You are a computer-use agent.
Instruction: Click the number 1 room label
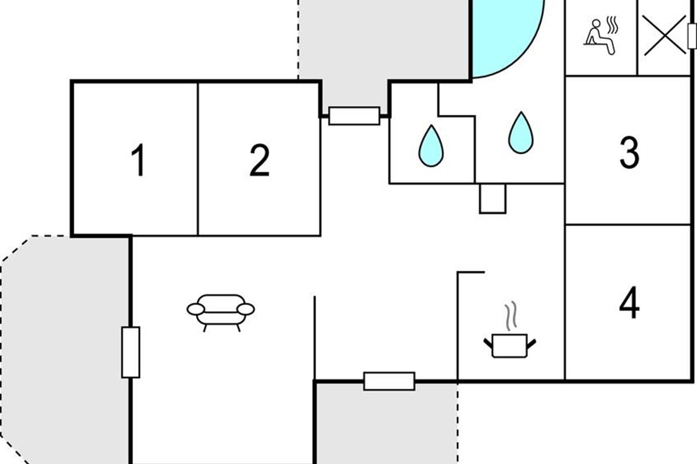point(138,159)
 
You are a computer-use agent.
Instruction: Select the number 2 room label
point(260,160)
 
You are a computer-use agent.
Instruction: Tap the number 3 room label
point(630,153)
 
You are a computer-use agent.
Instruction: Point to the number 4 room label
point(629,302)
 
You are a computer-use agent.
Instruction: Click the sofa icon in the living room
point(221,313)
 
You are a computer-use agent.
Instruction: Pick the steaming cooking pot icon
point(510,330)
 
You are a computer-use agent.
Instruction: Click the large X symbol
point(664,36)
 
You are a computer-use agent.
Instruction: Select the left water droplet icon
point(431,146)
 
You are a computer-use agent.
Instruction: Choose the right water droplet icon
point(521,133)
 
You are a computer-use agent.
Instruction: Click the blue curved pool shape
point(507,37)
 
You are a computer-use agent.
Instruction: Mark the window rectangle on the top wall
point(354,116)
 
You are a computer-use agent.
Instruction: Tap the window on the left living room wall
point(131,353)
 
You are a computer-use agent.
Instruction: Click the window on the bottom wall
point(389,381)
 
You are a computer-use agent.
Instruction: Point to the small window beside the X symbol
point(692,36)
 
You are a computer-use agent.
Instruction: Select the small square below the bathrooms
point(493,199)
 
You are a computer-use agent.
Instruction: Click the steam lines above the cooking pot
point(511,316)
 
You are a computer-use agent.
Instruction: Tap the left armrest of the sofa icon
point(196,309)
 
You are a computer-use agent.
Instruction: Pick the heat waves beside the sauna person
point(612,25)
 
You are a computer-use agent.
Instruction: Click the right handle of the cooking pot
point(531,344)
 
